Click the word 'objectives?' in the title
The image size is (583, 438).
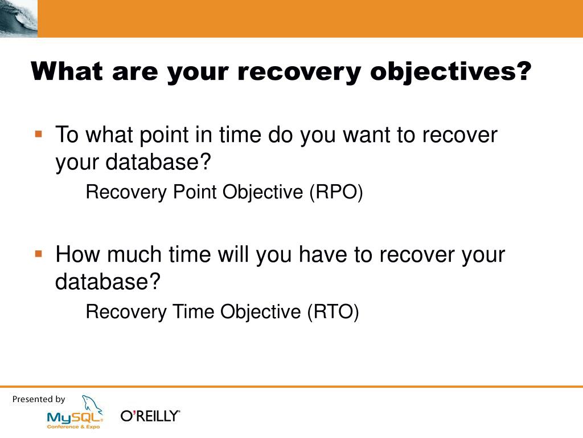pos(451,72)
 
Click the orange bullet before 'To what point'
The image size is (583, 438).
pos(38,133)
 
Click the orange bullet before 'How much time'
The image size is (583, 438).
pos(38,254)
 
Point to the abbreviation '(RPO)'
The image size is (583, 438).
pos(336,193)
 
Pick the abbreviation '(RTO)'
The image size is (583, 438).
pos(333,312)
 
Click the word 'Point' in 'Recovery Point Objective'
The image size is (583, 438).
pos(195,192)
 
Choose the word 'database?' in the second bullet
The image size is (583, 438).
pos(108,281)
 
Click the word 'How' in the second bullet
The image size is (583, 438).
pos(77,254)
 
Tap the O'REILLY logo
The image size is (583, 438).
pos(150,416)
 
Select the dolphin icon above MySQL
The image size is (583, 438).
pos(92,404)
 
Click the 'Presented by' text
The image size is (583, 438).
pos(39,400)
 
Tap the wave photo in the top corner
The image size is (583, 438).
pos(19,19)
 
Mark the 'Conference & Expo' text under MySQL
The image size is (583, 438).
pos(73,427)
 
